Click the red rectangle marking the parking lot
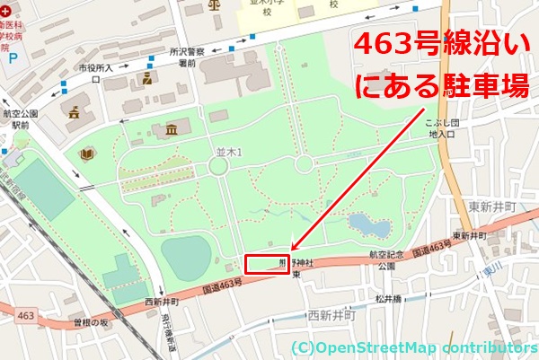[267, 265]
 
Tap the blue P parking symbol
[12, 58]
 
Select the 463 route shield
[25, 315]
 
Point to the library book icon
[87, 155]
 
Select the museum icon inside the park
[172, 132]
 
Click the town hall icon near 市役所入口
[73, 111]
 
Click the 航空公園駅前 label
[21, 120]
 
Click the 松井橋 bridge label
[392, 297]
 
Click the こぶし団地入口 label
[445, 128]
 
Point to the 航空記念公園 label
[387, 260]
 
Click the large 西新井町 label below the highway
[332, 316]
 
